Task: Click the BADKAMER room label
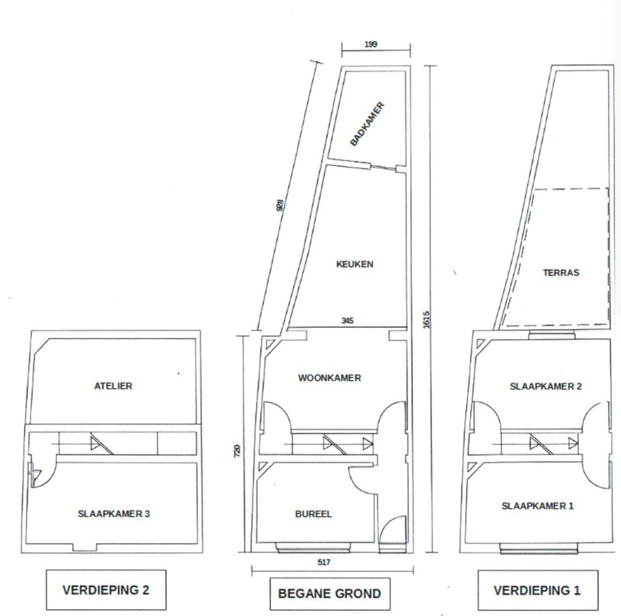(367, 124)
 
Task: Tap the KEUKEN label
(355, 264)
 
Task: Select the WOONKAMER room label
(329, 378)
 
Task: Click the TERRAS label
(560, 273)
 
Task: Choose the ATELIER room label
(113, 386)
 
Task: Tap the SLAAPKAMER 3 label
(114, 514)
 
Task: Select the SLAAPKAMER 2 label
(546, 386)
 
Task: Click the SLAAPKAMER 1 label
(537, 506)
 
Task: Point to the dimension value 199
(371, 44)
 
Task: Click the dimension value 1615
(426, 320)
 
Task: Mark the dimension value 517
(324, 562)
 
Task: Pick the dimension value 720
(237, 451)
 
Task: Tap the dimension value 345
(347, 320)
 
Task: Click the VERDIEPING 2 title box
(106, 590)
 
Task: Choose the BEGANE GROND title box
(330, 594)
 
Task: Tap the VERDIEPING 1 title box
(537, 590)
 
